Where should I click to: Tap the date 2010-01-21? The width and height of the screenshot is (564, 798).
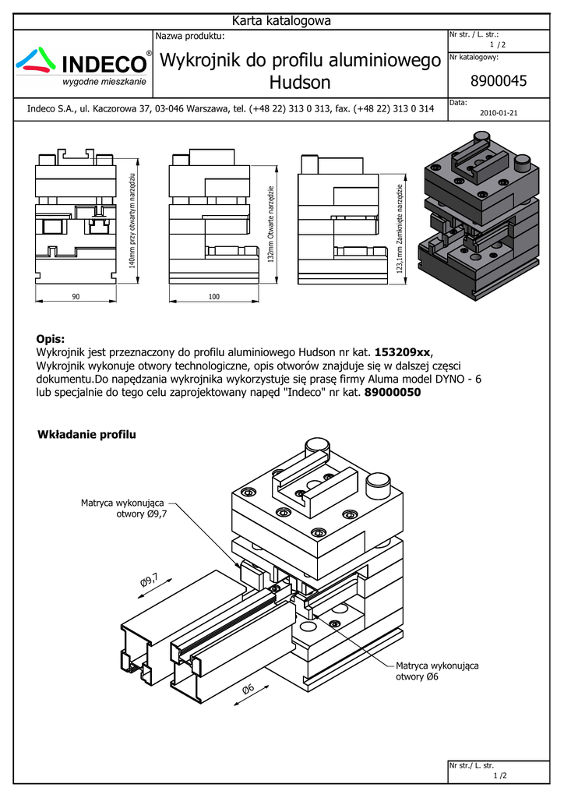point(499,112)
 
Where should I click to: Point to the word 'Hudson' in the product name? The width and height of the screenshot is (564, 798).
point(300,83)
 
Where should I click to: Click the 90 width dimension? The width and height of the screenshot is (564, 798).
point(76,296)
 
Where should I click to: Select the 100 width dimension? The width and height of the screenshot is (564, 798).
point(214,296)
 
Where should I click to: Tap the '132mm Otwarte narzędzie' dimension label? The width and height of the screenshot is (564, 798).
point(270,224)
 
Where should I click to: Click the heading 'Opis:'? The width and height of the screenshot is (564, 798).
point(51,338)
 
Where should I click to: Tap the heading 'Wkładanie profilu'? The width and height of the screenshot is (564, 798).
point(86,434)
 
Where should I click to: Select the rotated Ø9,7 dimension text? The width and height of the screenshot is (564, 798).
point(150,582)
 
